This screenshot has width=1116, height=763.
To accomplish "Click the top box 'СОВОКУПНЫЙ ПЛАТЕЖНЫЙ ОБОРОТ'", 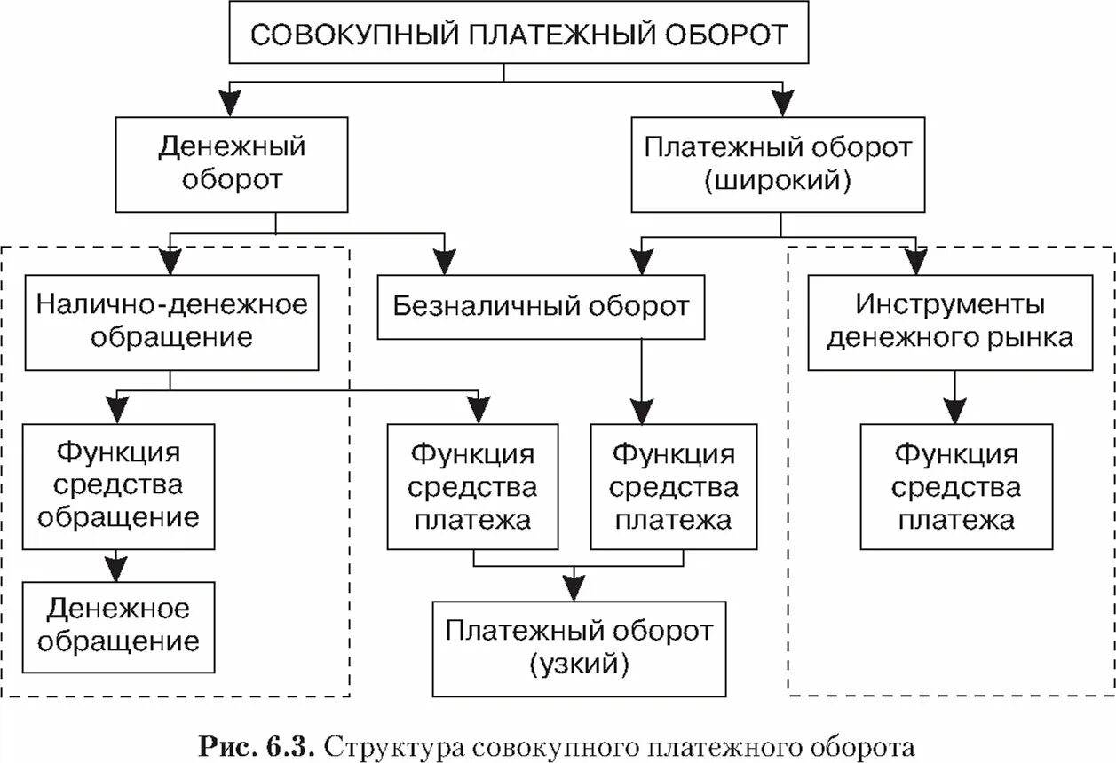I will [519, 35].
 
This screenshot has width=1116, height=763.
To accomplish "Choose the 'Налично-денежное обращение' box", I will [171, 321].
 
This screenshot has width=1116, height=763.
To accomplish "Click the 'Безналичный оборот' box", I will [541, 307].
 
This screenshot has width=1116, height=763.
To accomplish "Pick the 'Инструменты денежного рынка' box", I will [950, 321].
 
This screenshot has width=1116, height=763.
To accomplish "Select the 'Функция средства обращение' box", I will [119, 485].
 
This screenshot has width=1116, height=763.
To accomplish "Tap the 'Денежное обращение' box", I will [119, 625].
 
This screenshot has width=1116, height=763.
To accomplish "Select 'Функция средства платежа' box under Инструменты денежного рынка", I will [955, 485].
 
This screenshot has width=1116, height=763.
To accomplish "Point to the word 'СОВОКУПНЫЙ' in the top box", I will [354, 35].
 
